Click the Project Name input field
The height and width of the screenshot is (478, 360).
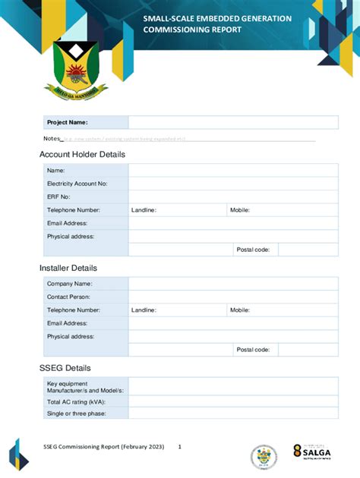click(232, 122)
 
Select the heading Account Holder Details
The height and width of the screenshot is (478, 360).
click(82, 155)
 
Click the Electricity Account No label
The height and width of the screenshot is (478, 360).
click(77, 184)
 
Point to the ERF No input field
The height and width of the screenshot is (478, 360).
click(232, 197)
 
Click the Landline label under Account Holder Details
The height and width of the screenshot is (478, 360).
click(144, 210)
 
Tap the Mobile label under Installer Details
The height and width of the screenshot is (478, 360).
click(240, 310)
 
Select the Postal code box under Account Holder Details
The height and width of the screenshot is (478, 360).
click(308, 250)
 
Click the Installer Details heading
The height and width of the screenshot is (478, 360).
click(68, 268)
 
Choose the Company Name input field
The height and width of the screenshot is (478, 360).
click(232, 284)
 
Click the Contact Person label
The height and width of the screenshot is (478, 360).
click(68, 297)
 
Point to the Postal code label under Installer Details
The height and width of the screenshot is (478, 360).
click(253, 350)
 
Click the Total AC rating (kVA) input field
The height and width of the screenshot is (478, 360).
click(232, 401)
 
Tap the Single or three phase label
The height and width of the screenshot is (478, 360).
click(76, 414)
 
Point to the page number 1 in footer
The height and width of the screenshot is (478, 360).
click(180, 447)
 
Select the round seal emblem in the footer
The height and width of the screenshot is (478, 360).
click(264, 457)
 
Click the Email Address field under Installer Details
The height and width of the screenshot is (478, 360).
click(232, 323)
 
